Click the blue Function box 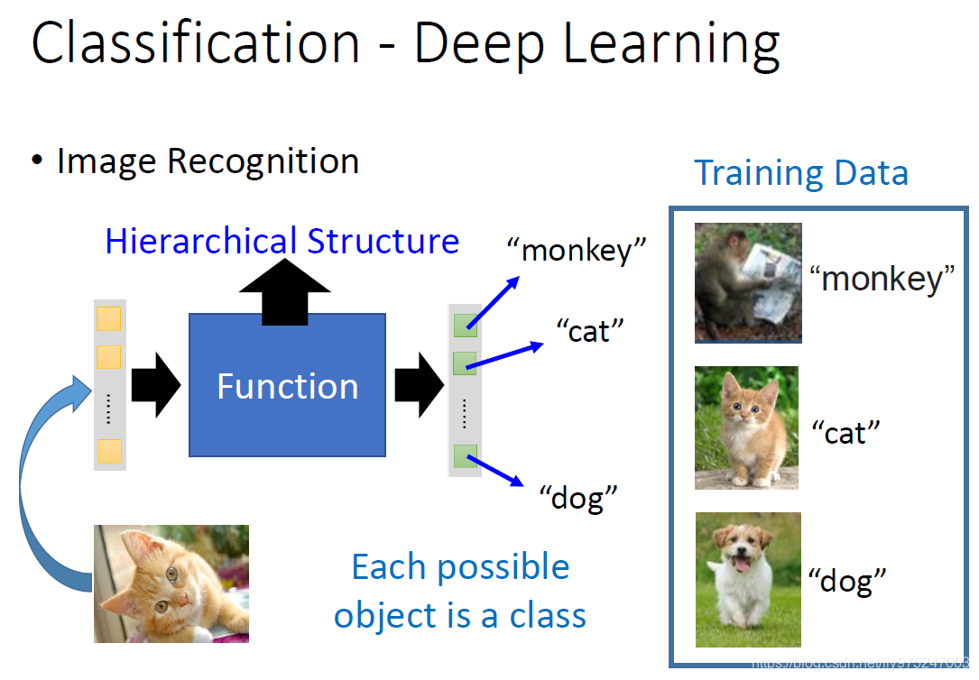tap(287, 385)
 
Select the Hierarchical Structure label tap(282, 242)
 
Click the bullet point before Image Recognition tap(37, 161)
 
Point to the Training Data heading tap(800, 172)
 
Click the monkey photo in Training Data tap(748, 282)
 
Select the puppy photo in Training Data tap(748, 579)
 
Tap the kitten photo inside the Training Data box tap(746, 427)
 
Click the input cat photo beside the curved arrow tap(171, 584)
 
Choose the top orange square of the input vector tap(109, 320)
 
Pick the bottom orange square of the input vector tap(109, 451)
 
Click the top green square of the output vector tap(465, 326)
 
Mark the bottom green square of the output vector tap(465, 456)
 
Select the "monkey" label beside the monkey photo tap(882, 280)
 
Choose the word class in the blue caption tap(547, 616)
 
